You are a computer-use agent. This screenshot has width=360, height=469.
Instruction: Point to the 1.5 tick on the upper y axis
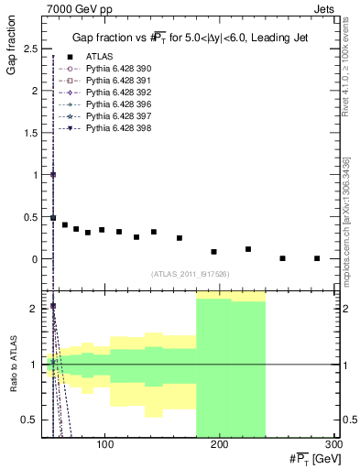pyautogui.click(x=35, y=132)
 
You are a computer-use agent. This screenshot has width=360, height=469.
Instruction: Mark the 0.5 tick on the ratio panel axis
pyautogui.click(x=35, y=420)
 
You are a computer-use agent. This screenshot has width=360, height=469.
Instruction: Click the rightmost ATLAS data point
pyautogui.click(x=317, y=258)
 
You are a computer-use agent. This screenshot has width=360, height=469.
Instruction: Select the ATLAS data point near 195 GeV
pyautogui.click(x=214, y=251)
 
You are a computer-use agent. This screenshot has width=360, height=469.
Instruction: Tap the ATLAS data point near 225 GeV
pyautogui.click(x=248, y=249)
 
